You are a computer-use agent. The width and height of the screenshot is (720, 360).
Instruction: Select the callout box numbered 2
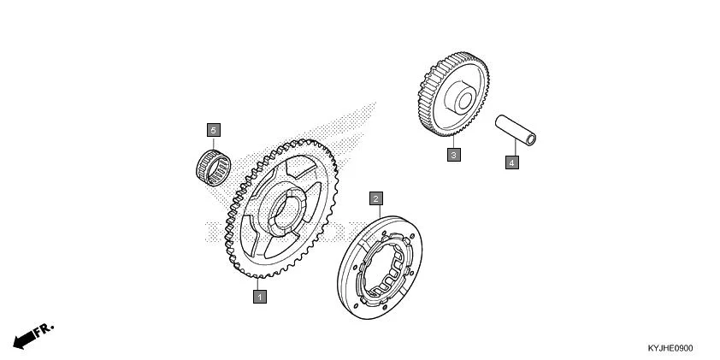coord(375,198)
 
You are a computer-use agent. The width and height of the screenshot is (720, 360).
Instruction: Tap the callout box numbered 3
coord(454,155)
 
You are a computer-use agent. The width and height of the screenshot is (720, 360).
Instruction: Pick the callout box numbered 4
coord(511,161)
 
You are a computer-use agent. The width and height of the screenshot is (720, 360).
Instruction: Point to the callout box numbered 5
coord(213,129)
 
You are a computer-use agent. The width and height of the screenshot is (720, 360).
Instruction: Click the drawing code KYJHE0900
coord(670,348)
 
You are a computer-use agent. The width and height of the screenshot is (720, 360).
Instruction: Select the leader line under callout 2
coord(375,214)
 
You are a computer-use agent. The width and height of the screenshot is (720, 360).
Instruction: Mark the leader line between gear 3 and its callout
coord(454,142)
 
